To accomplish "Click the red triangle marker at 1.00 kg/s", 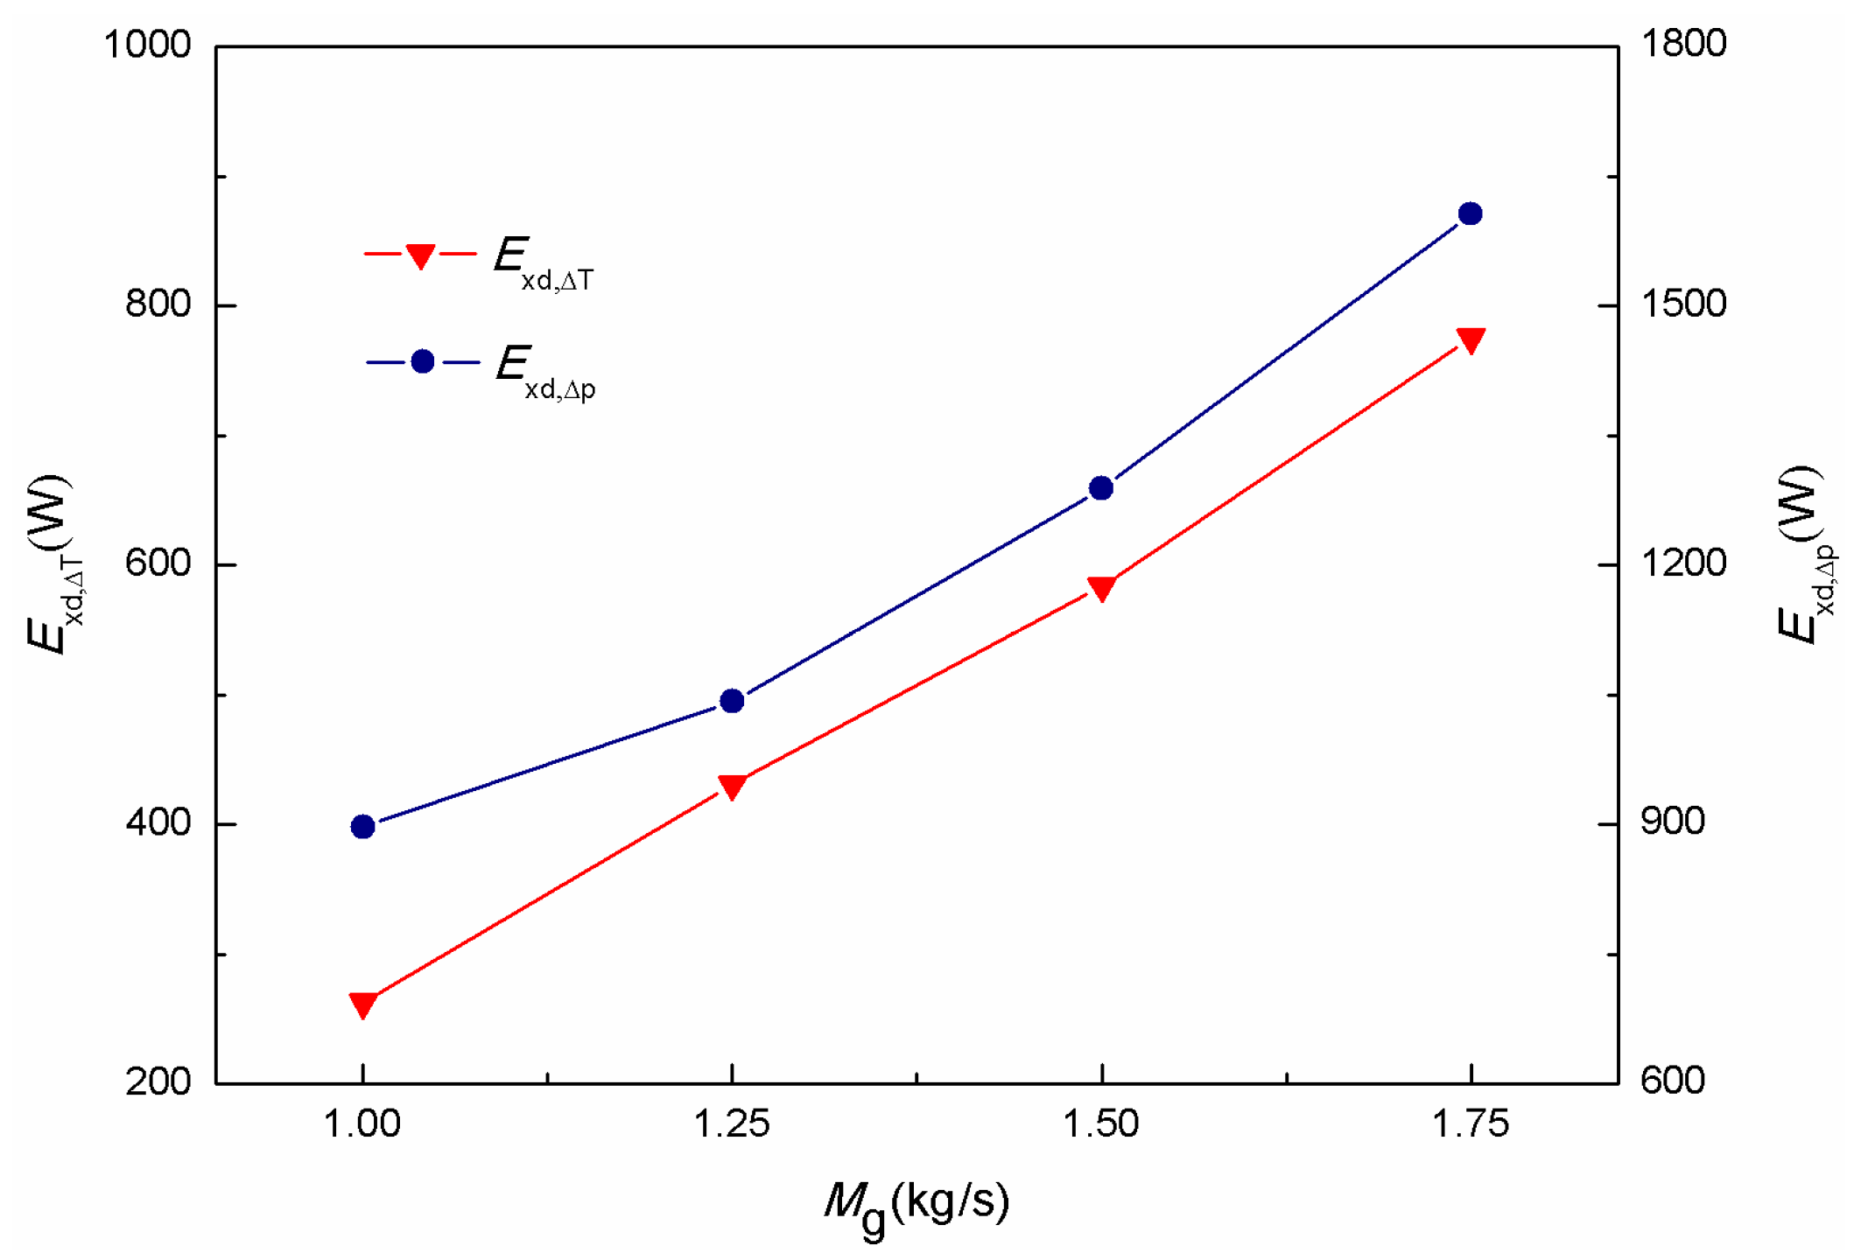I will point(363,1004).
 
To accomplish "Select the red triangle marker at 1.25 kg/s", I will point(733,786).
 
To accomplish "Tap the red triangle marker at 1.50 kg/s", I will point(1101,588).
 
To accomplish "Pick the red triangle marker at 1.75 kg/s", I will point(1471,339).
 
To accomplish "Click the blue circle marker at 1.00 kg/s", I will point(363,826).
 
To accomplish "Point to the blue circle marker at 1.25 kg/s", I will point(733,701).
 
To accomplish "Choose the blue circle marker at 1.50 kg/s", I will point(1101,488).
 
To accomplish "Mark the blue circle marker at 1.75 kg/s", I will point(1471,213).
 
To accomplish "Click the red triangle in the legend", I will point(421,255).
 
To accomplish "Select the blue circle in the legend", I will point(423,361).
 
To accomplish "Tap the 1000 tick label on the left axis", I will point(147,44).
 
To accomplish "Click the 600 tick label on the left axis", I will point(158,563).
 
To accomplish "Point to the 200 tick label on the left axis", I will point(158,1081).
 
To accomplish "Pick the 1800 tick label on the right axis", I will point(1682,44).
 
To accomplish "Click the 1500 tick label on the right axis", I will point(1682,304).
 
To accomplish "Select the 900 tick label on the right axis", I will point(1672,822).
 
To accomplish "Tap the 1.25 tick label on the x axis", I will point(732,1124).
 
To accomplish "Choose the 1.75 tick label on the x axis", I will point(1471,1124).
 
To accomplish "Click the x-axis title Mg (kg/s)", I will point(916,1206).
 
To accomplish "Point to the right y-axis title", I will point(1805,555).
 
